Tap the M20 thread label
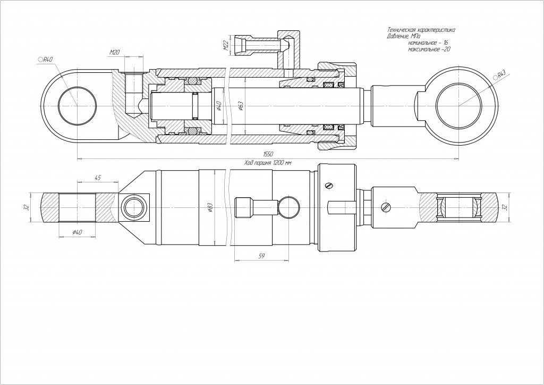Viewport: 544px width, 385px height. (114, 52)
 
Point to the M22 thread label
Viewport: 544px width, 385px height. (225, 46)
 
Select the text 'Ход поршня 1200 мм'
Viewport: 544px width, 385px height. (268, 163)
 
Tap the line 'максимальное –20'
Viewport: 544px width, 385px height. (429, 49)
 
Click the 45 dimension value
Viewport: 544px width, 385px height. (97, 178)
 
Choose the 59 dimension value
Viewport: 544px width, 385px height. (261, 256)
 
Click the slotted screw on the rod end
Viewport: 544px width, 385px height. (385, 206)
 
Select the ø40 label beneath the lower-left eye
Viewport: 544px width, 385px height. (78, 232)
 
